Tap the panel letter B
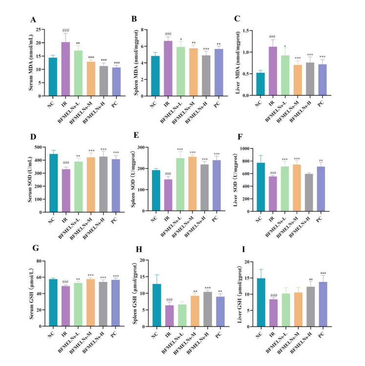(134, 20)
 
